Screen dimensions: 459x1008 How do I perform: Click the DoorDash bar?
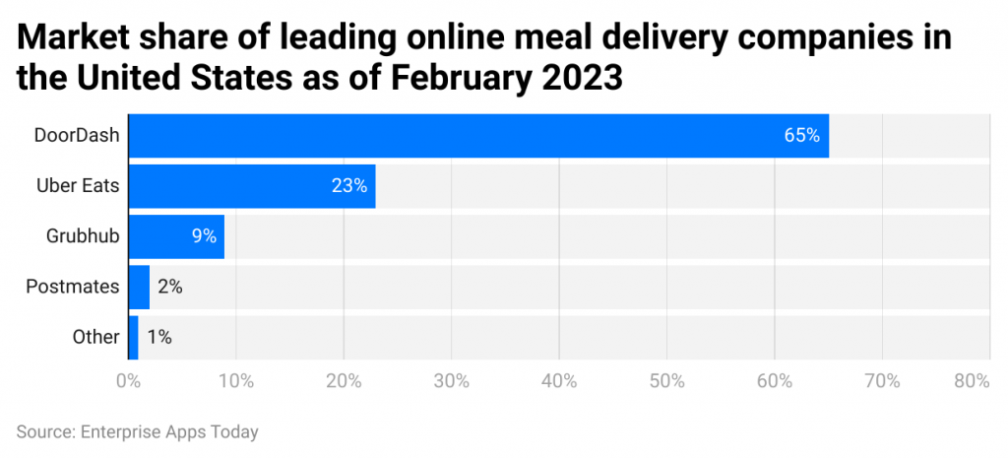tap(478, 136)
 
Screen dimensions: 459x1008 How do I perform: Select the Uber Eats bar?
tap(252, 186)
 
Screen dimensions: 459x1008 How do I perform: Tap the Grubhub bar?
tap(176, 236)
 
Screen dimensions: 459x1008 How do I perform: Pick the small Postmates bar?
tap(139, 287)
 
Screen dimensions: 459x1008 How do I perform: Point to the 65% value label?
tap(801, 136)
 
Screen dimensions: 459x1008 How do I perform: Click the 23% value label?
tap(349, 186)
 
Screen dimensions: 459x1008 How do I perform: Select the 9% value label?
tap(204, 236)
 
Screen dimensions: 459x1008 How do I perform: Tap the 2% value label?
tap(169, 287)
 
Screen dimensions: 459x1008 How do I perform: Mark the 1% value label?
tap(159, 337)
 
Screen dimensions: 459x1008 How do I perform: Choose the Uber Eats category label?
tap(83, 186)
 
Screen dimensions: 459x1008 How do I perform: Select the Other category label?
tap(96, 337)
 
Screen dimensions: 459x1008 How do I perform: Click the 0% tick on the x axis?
tap(128, 380)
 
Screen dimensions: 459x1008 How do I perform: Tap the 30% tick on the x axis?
tap(451, 380)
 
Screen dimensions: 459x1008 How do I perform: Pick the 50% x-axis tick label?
tap(666, 380)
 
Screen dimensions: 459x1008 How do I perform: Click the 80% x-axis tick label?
tap(971, 380)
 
